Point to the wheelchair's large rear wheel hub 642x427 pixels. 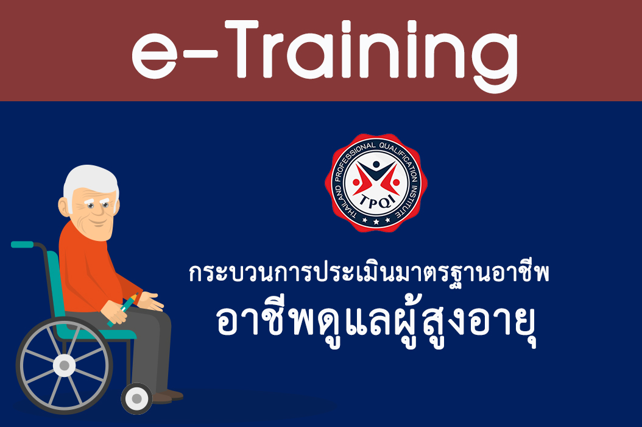tap(64, 365)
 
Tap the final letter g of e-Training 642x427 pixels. tap(493, 61)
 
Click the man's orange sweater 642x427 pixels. tap(85, 268)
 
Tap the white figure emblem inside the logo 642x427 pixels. tap(373, 178)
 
